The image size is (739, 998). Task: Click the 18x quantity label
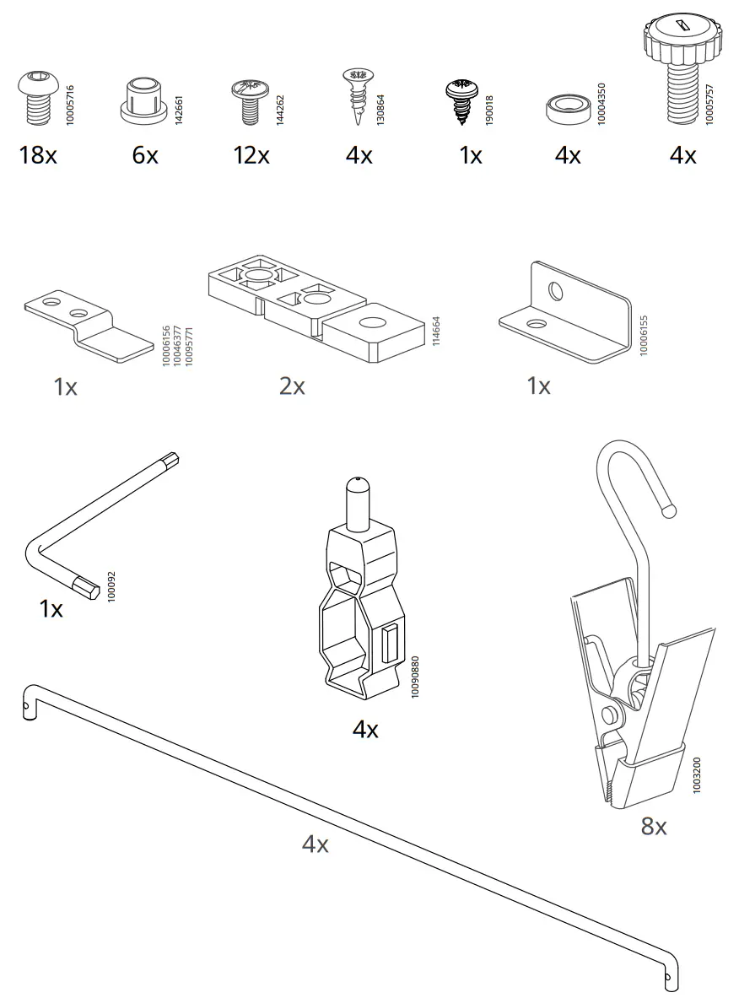point(38,155)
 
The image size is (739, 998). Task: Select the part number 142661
point(178,111)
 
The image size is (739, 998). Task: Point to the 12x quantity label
point(251,155)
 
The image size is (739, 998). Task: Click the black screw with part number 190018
point(461,100)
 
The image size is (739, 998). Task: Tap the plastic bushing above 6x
point(144,100)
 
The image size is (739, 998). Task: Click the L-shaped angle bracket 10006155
point(565,316)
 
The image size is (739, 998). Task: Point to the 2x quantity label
point(292,386)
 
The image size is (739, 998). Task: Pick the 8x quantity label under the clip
point(654,826)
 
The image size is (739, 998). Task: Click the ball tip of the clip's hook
point(669,509)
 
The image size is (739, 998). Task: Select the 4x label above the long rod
point(316,844)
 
